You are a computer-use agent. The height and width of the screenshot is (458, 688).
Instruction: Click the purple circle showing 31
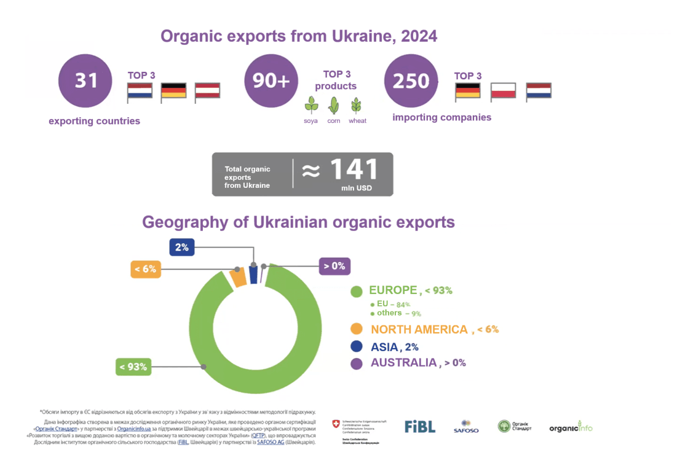tap(85, 80)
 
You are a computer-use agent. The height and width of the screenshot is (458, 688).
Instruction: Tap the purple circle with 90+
tap(271, 80)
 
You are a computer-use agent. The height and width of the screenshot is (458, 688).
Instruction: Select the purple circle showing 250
tap(411, 80)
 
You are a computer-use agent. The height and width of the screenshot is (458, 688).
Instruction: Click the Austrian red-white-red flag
tap(207, 91)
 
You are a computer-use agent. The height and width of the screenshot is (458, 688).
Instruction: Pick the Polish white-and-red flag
tap(503, 91)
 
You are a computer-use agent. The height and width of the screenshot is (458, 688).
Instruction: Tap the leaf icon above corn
tap(333, 105)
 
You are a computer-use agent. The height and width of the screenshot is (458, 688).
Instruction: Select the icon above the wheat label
tap(356, 105)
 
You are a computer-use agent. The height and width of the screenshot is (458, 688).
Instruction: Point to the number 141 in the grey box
tap(354, 169)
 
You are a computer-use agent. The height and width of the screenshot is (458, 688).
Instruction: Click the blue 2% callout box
tap(183, 247)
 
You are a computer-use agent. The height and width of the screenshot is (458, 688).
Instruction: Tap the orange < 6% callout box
tap(146, 269)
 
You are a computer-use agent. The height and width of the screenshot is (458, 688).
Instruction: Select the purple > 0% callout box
tap(334, 266)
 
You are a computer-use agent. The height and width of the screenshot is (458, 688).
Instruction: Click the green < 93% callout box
tap(133, 367)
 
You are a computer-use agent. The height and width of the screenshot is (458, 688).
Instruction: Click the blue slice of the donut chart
tap(253, 274)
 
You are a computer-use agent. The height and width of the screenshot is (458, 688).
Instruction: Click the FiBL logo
tap(420, 427)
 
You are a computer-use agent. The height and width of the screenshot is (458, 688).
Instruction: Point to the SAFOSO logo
tap(466, 427)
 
